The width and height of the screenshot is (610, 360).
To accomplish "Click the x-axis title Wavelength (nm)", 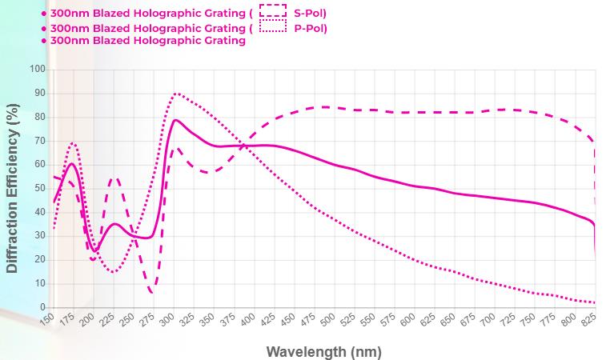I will (323, 351).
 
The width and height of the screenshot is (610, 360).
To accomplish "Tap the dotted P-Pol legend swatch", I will (273, 27).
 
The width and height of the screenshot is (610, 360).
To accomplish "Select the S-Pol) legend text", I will (311, 13).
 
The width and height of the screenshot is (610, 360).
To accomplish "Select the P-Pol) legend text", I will (311, 28).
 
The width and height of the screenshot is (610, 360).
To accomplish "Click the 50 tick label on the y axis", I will (38, 189).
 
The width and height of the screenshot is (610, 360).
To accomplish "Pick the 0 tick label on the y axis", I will (42, 308).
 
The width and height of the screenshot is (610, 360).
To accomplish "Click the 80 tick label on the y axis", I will (38, 118).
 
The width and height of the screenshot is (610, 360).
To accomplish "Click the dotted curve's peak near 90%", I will (176, 94).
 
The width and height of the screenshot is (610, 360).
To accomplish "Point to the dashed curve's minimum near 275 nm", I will (153, 291).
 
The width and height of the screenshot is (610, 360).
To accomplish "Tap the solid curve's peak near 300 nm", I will (175, 120).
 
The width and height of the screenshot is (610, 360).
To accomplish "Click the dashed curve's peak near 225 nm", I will (114, 178).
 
